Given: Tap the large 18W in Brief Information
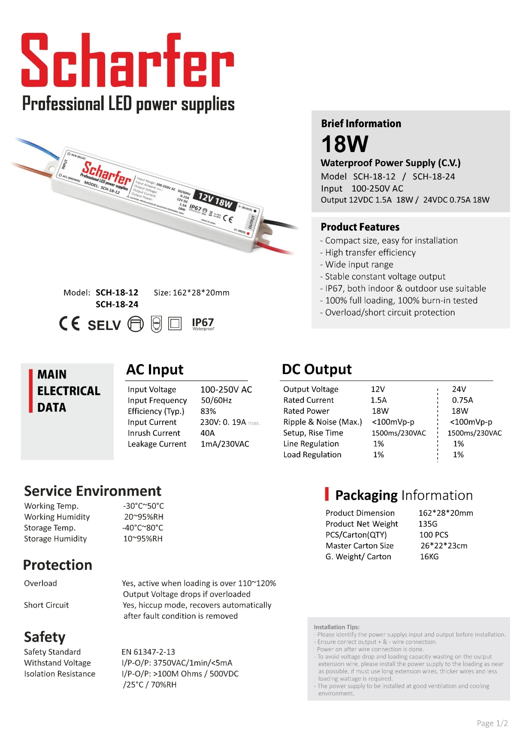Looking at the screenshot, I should pos(345,144).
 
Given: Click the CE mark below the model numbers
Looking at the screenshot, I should pos(70,324).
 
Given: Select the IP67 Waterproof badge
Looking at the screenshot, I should pos(203,324).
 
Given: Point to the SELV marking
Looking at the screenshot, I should pos(104,325).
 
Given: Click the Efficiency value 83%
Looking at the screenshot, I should pos(208,411).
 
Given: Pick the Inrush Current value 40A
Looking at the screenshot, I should pos(207,433).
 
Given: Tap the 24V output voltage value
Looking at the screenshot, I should pos(459,389).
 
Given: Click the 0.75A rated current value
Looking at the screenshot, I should pos(462,400).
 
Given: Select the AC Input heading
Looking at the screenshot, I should pos(155,370).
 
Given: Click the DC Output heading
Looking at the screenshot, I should pos(317,369).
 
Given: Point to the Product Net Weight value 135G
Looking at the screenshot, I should pos(428,524).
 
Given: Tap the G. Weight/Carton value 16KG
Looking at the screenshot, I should pos(429,557).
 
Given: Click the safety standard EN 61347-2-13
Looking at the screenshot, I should pos(148,652).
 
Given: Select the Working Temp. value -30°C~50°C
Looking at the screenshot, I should pos(143,506).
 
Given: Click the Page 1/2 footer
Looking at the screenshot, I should pos(492,724).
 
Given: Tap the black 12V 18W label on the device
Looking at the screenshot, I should pos(215,200).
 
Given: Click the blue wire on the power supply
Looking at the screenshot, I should pos(39,147).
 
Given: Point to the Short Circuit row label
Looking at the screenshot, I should pos(46,605).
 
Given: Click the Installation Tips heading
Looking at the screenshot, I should pos(336,627).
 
